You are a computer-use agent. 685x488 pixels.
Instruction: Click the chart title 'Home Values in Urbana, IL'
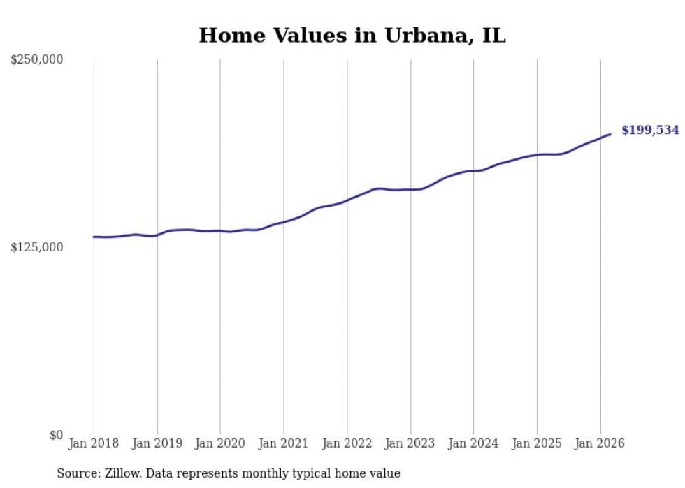coord(352,36)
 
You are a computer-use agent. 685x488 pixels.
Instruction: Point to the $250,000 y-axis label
coord(37,60)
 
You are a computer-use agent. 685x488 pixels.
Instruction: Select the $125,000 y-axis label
coord(37,248)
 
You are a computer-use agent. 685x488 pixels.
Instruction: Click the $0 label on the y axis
coord(56,436)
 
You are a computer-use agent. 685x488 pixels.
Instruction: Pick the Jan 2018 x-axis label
coord(94,443)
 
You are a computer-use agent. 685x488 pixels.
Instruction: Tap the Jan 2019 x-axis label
coord(157,443)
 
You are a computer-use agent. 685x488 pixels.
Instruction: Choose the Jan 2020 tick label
coord(220,443)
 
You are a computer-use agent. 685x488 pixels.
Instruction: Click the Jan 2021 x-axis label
coord(284,443)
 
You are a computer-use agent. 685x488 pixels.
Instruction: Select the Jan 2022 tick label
coord(347,443)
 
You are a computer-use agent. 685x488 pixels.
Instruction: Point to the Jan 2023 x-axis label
coord(410,443)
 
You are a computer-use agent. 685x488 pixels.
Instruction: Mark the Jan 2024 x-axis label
coord(473,443)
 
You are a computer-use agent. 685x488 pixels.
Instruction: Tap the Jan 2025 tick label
coord(537,443)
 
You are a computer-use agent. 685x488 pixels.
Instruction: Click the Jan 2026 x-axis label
coord(600,443)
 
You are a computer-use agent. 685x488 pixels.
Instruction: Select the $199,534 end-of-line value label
coord(650,131)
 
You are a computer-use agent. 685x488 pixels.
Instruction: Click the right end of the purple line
coord(610,134)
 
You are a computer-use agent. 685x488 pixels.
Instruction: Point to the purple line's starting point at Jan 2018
coord(94,237)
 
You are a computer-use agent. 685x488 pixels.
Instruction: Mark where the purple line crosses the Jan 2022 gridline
coord(347,200)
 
